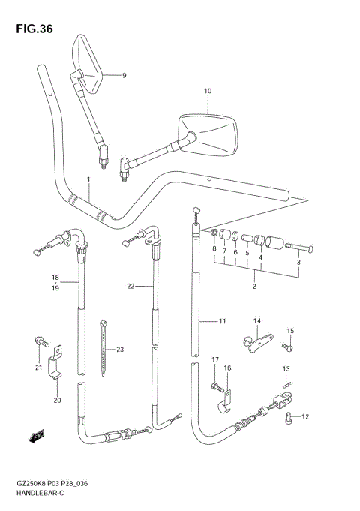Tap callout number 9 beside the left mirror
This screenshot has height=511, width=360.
point(124,75)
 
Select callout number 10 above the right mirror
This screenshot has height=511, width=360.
point(208,91)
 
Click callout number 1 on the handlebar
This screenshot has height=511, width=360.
point(88,180)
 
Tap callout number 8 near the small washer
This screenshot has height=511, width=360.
point(214,248)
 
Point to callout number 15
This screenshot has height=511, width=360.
point(290,331)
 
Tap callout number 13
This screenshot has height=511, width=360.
point(286,368)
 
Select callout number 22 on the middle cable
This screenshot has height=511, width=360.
point(130,286)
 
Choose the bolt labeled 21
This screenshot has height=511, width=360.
point(41,343)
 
